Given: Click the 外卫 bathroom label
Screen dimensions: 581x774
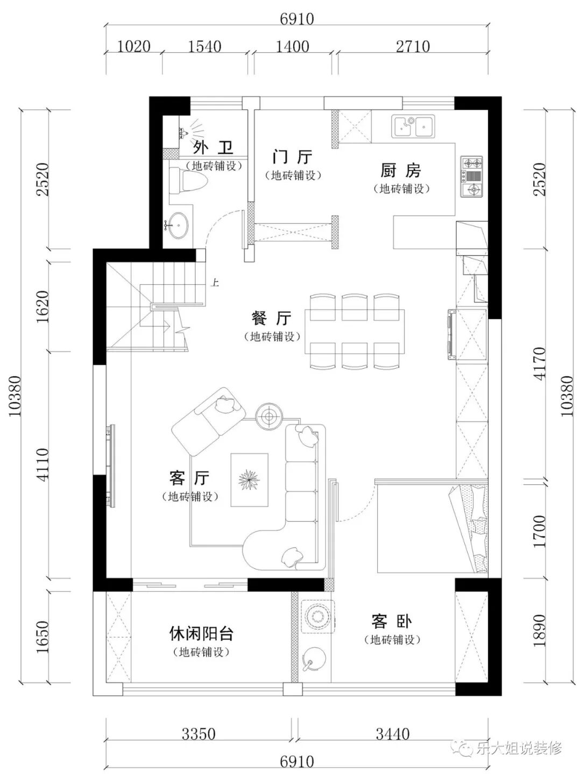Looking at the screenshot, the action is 213,147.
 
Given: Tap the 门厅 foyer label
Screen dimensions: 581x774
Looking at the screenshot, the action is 293,157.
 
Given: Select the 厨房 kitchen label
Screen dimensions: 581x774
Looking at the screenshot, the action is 401,171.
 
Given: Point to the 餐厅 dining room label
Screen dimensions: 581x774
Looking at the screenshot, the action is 271,318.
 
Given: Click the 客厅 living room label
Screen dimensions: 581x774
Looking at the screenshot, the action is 189,478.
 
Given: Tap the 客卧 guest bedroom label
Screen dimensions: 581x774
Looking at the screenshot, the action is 392,622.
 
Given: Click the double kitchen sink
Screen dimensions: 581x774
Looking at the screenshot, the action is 413,126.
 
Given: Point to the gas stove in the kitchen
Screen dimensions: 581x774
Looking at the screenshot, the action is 471,177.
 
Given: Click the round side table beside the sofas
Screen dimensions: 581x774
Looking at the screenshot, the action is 269,417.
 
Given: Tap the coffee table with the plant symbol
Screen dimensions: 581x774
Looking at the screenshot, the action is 250,480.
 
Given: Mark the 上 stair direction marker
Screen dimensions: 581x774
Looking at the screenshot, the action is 215,282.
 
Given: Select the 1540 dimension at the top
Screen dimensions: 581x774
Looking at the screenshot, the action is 204,47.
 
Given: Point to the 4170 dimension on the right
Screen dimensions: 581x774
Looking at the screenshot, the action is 540,364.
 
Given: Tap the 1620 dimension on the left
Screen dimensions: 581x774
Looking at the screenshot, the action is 42,307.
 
